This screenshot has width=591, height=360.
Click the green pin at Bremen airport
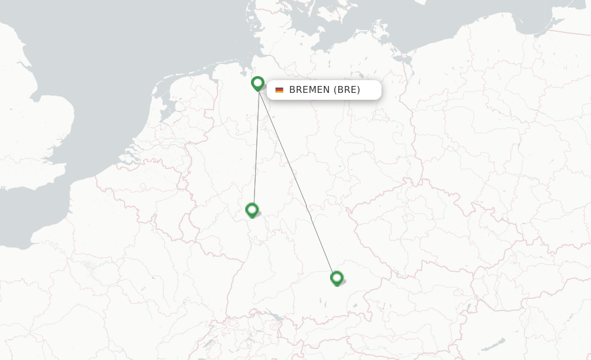(x=257, y=84)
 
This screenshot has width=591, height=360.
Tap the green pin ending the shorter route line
(x=252, y=210)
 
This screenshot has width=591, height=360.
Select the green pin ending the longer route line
(x=336, y=278)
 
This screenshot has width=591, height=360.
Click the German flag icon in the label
(x=279, y=90)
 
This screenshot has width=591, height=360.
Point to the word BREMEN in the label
(x=309, y=90)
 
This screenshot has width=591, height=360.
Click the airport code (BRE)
(x=346, y=90)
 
